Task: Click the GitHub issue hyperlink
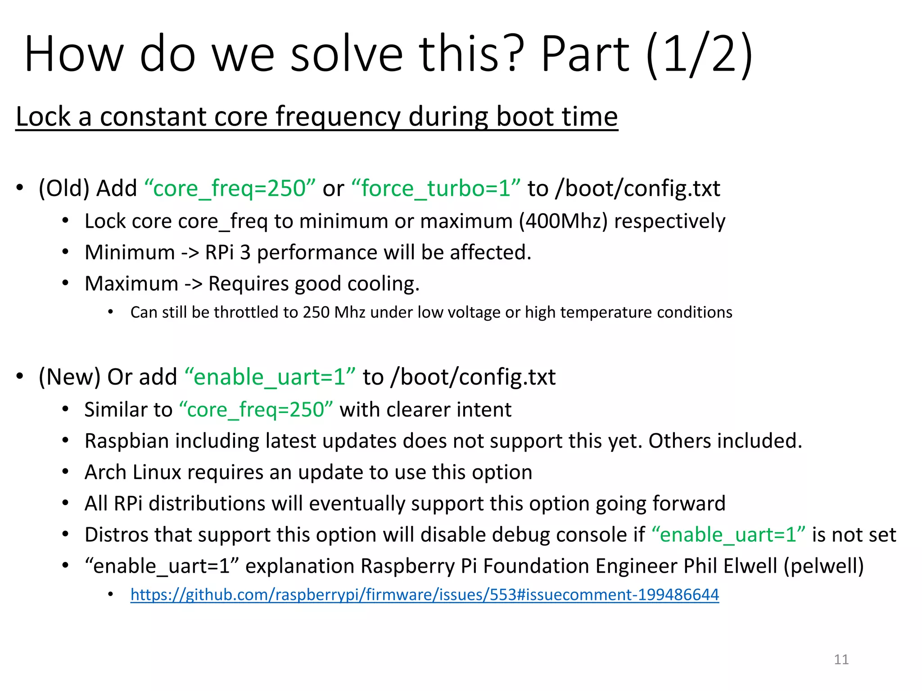[x=424, y=595]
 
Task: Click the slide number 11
[x=841, y=660]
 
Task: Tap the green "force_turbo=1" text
[x=435, y=188]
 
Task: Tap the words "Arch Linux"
[x=132, y=472]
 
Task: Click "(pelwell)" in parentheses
[x=823, y=566]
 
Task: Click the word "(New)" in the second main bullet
[x=69, y=377]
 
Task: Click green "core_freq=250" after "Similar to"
[x=256, y=410]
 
